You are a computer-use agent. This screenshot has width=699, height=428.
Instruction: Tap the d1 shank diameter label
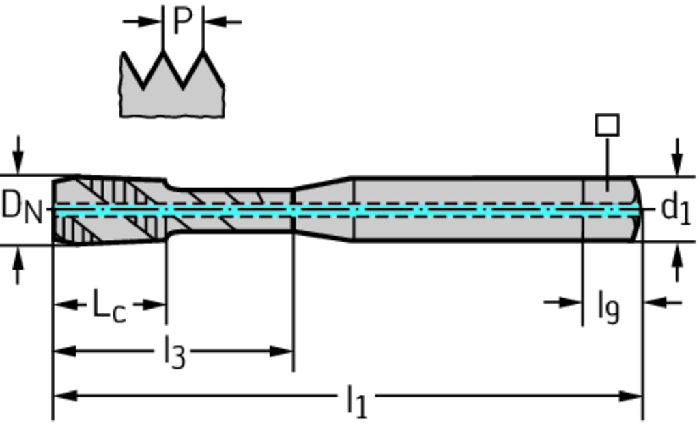pos(676,208)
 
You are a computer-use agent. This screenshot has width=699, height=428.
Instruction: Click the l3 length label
pos(175,353)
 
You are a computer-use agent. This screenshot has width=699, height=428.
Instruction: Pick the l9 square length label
pos(608,306)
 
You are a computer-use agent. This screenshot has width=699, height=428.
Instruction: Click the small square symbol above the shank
pos(608,125)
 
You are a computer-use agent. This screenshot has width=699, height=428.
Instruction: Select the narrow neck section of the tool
pos(232,210)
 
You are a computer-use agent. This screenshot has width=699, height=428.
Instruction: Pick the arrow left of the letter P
pos(149,21)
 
